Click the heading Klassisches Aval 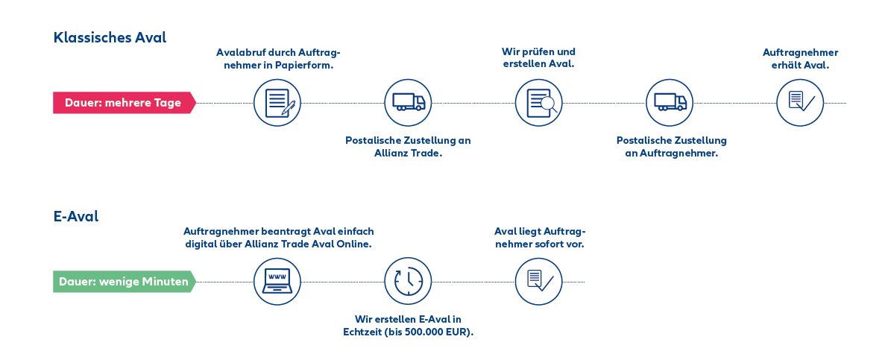110,37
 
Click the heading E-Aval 76,217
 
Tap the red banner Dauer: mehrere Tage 123,103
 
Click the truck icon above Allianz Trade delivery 408,103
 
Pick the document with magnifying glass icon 538,103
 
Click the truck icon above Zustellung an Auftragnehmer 669,103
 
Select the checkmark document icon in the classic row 799,103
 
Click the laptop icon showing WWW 277,282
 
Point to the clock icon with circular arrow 408,282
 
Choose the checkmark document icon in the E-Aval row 538,282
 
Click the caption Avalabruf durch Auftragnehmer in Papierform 277,59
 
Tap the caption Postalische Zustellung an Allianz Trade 408,147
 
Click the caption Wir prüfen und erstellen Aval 538,59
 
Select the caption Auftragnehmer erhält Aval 799,59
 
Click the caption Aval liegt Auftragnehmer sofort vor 538,238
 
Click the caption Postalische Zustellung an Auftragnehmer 671,147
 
